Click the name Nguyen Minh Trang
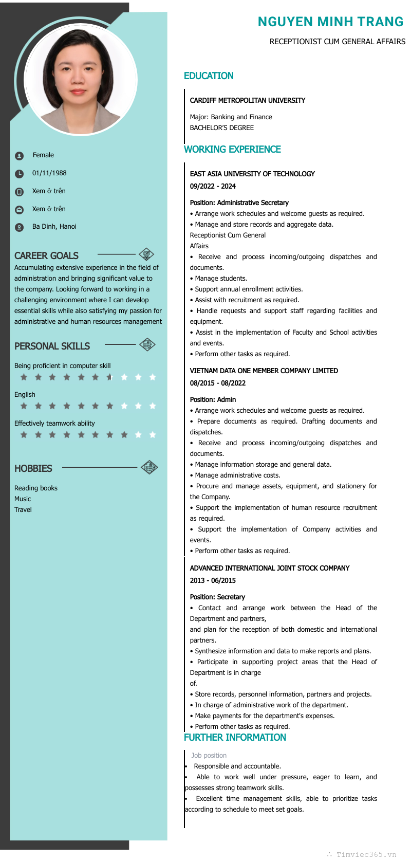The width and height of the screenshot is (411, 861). pos(330,22)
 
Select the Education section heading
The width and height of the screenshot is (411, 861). pos(209,76)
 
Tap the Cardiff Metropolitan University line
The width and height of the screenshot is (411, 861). pos(247,100)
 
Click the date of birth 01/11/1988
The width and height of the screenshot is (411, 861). pos(49,173)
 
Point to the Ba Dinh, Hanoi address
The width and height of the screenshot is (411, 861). pos(54,227)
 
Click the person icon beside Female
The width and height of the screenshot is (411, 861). pos(19,156)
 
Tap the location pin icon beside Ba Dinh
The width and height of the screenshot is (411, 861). pos(19,227)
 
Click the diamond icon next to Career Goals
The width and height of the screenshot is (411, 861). pos(146,254)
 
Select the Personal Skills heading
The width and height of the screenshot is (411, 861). pos(52,346)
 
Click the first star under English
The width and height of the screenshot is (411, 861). pos(24,406)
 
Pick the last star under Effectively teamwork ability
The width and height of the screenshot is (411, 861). pos(153,435)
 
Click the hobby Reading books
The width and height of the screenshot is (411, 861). pos(36,488)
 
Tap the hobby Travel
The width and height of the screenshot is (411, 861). pos(23,510)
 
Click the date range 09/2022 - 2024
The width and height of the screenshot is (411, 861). pos(213,187)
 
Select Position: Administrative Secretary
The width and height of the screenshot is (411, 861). pos(239,203)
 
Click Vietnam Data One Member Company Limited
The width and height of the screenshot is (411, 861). pos(264,371)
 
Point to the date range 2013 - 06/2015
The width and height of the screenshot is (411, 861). pos(213,581)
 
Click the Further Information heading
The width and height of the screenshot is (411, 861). pos(235,738)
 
